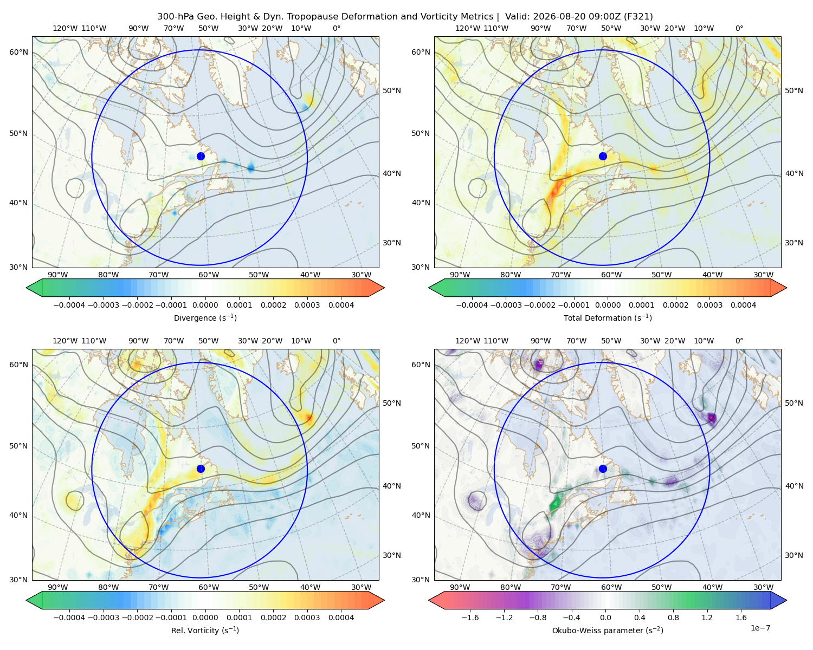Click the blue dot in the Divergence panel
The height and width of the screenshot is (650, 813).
click(x=201, y=157)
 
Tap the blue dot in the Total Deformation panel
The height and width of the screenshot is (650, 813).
click(x=603, y=157)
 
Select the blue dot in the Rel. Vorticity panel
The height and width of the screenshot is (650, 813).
click(x=201, y=469)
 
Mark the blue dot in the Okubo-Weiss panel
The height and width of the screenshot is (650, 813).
click(x=603, y=469)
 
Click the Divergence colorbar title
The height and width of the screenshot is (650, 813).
click(x=205, y=318)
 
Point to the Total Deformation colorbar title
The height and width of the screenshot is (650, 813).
click(x=608, y=318)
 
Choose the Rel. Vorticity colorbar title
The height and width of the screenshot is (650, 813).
click(x=205, y=630)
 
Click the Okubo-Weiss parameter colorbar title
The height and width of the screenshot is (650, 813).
click(x=608, y=630)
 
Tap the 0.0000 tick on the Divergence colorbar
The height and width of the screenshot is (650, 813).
click(x=205, y=305)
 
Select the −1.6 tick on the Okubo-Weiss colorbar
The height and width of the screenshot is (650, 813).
click(x=470, y=617)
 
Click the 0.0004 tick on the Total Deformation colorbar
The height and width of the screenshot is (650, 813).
click(x=744, y=305)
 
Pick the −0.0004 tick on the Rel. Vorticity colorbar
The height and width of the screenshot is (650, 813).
click(x=69, y=617)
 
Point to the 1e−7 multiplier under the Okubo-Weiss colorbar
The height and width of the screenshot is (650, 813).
click(x=760, y=628)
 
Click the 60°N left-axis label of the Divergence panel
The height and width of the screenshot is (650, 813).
click(x=18, y=52)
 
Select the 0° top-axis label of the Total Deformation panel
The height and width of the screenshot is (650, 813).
click(x=739, y=28)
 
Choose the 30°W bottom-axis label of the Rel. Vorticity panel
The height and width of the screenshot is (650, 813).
click(x=361, y=587)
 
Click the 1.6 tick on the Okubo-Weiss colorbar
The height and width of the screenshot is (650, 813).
click(x=741, y=617)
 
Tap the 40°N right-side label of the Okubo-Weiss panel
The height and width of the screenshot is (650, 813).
click(x=794, y=486)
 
